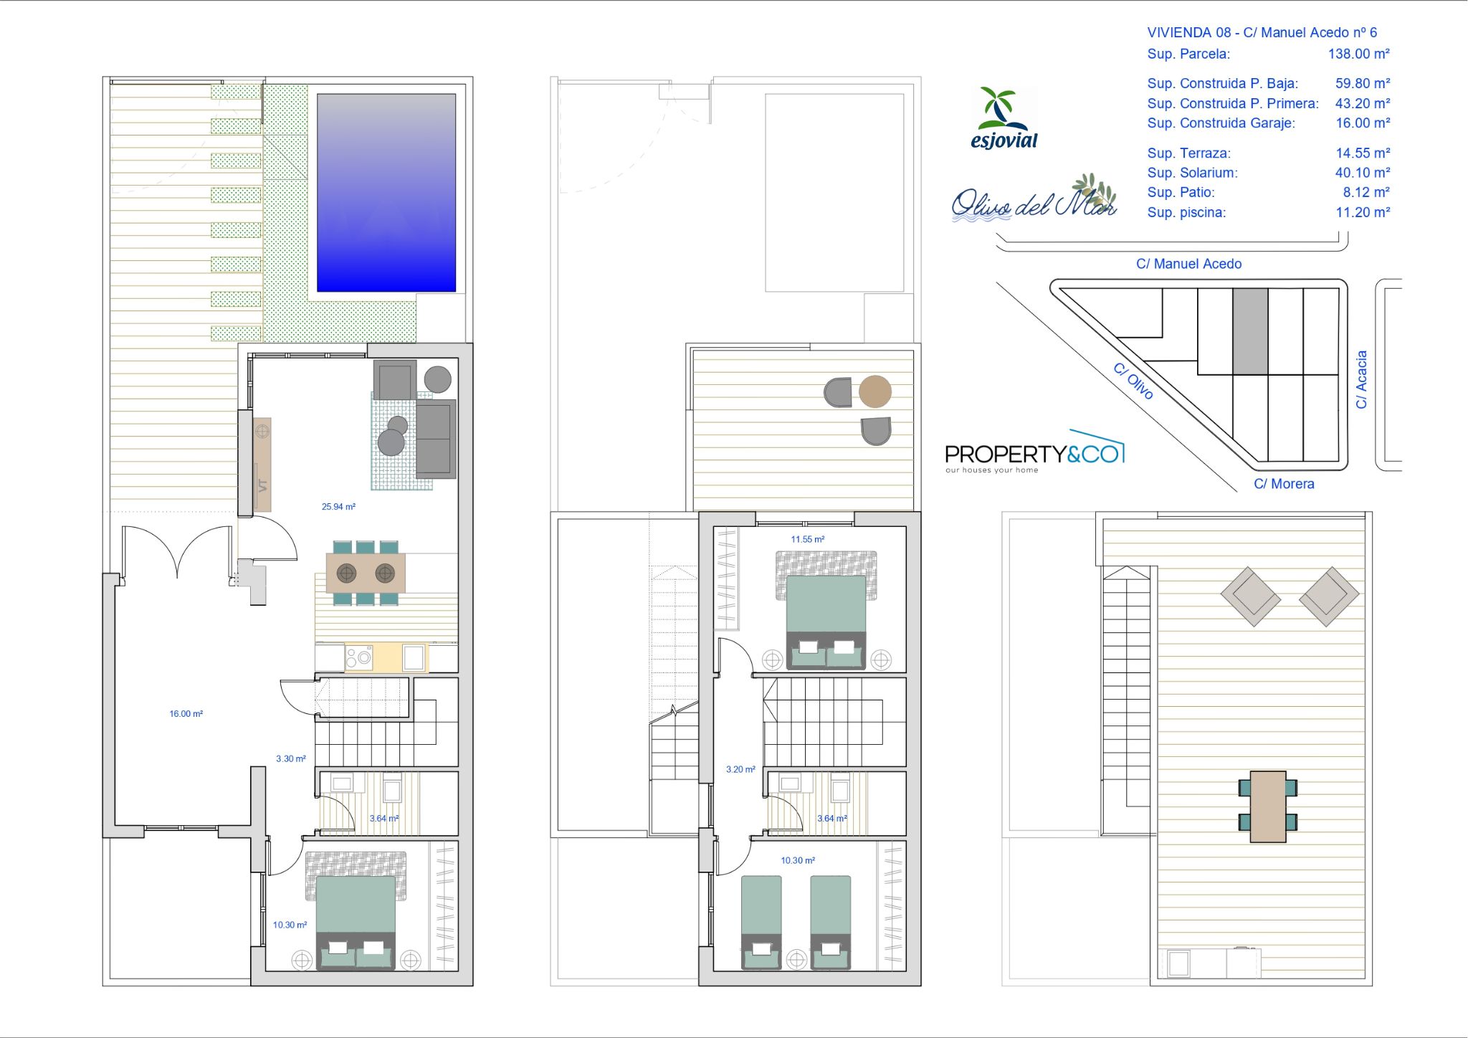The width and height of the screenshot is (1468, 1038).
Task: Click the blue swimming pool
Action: [386, 193]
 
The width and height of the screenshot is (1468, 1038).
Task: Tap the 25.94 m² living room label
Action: [338, 507]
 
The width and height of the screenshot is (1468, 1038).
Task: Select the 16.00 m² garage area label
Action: [186, 714]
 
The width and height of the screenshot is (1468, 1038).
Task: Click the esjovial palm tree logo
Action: [1004, 118]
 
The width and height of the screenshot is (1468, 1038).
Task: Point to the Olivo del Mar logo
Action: [1034, 199]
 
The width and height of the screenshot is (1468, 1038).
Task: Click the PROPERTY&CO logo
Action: [1035, 452]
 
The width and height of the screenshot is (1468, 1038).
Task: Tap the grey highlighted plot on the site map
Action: [1250, 331]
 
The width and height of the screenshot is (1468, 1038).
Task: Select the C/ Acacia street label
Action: [1361, 379]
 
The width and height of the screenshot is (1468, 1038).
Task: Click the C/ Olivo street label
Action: [1133, 381]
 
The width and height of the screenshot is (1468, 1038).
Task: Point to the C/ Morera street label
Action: [1284, 484]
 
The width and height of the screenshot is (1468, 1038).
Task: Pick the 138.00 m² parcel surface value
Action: [1359, 54]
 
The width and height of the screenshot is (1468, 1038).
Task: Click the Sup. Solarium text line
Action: [1269, 173]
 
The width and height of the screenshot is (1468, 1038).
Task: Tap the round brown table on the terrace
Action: [875, 391]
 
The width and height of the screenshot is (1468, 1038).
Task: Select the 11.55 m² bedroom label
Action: [808, 540]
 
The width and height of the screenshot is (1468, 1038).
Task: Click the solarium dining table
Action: [1268, 806]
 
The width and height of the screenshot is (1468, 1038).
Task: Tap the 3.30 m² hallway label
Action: [291, 759]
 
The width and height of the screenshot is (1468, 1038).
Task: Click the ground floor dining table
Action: [366, 573]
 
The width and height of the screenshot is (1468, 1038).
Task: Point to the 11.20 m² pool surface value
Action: [1363, 212]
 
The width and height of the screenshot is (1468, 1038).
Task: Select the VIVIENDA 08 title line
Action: [1262, 32]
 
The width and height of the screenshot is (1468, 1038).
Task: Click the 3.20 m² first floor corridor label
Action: [740, 770]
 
